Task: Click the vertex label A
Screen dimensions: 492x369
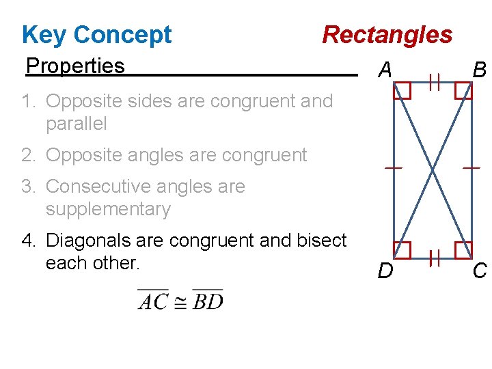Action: coord(385,69)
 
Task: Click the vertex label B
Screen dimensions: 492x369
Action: coord(480,69)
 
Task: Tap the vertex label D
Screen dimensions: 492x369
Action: coord(385,271)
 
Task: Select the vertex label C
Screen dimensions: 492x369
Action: coord(480,271)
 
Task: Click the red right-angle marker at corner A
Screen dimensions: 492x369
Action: coord(402,90)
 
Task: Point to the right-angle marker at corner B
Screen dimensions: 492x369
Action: coord(463,90)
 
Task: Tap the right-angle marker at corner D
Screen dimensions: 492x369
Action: coord(402,250)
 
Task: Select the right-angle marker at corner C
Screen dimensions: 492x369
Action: coord(463,250)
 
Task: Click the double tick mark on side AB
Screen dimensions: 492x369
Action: coord(433,83)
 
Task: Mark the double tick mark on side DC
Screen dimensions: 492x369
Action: coord(433,258)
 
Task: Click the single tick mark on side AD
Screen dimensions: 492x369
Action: coord(392,167)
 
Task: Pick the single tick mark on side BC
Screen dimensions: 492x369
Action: coord(471,167)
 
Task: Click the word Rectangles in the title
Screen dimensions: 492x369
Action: coord(387,34)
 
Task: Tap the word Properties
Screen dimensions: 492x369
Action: coord(75,66)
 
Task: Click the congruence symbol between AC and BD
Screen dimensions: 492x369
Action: coord(180,301)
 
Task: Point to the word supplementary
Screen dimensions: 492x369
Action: coord(108,209)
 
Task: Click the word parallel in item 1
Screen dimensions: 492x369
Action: coord(77,124)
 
